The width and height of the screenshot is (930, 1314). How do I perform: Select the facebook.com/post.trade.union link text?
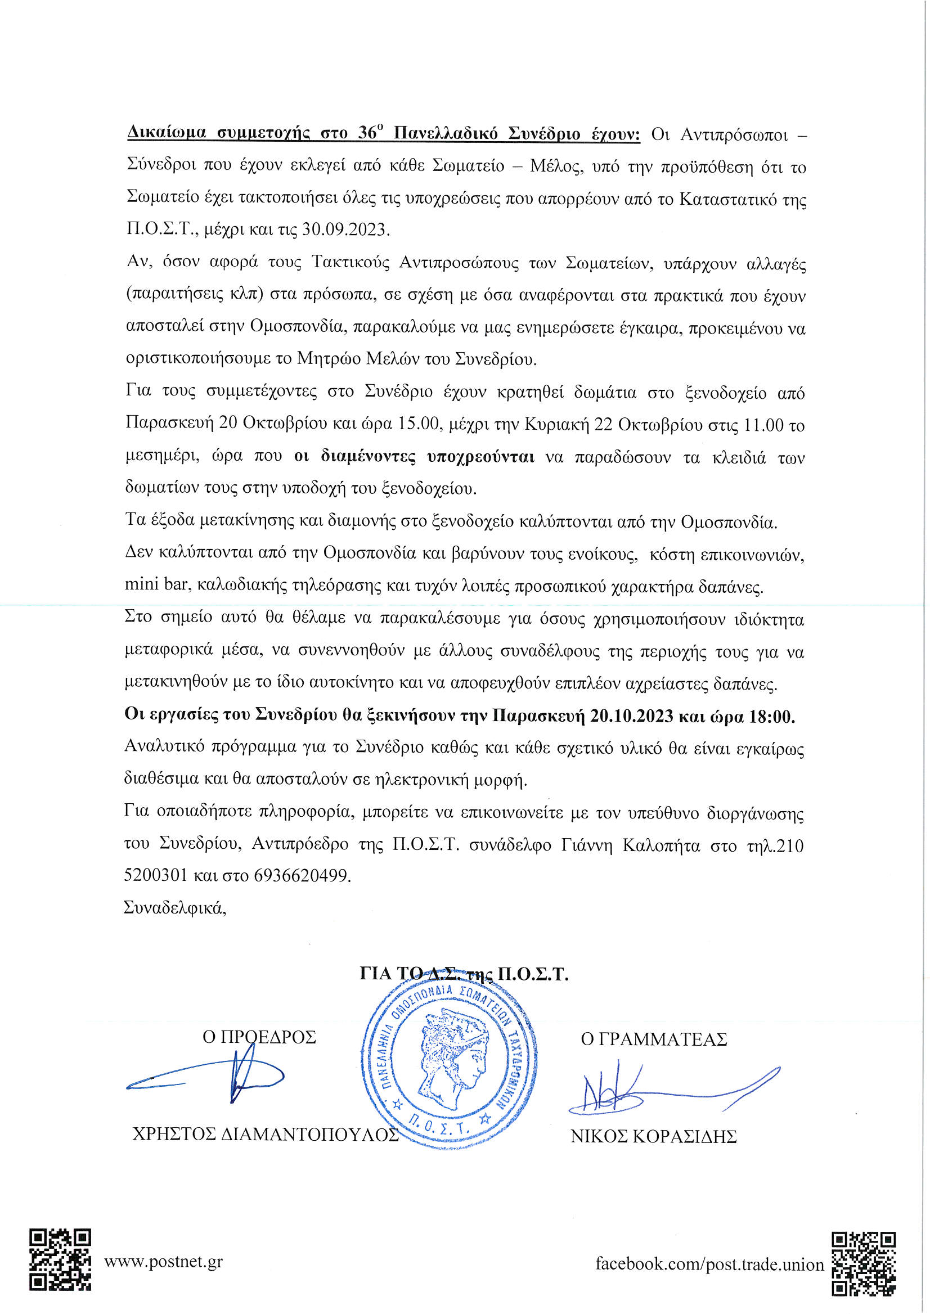[709, 1263]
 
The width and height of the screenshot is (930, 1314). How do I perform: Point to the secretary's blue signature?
[659, 1088]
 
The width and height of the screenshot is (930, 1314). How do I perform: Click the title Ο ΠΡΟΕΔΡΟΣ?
[259, 1037]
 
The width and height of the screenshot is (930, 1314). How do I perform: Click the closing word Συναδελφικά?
[174, 908]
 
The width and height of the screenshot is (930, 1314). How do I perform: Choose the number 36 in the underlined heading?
[366, 133]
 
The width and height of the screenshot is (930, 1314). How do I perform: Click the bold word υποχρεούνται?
[480, 457]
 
